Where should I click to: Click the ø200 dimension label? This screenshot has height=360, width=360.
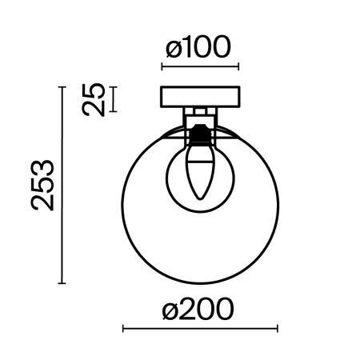click(x=199, y=308)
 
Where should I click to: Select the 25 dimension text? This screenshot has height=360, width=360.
click(x=95, y=100)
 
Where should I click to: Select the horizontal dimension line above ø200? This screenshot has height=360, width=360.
click(x=199, y=328)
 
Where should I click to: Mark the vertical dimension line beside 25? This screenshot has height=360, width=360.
click(x=113, y=99)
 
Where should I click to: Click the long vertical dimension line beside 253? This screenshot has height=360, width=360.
click(x=62, y=185)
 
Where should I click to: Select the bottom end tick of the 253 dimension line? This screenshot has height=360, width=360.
click(x=62, y=282)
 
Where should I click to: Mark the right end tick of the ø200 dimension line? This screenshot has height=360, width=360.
click(x=277, y=328)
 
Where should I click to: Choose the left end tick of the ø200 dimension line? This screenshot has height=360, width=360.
click(x=122, y=328)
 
